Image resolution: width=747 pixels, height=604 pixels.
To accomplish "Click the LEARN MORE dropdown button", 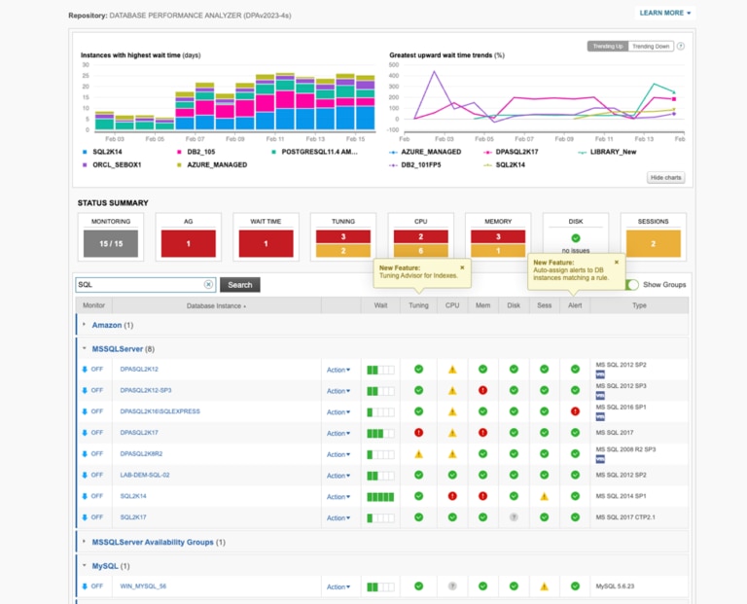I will [665, 13].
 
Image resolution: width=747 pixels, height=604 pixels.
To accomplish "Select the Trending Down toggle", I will [651, 46].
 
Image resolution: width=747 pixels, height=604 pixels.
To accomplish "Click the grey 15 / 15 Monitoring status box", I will [111, 243].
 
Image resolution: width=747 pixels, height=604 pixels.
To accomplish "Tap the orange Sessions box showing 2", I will [653, 243].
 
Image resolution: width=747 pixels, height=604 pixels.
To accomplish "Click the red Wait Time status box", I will [267, 243].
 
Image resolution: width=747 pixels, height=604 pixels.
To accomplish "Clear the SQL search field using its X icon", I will [208, 285].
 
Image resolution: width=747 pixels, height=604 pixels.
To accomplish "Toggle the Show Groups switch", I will [633, 285].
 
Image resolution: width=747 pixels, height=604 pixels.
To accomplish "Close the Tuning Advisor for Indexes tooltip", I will [462, 266].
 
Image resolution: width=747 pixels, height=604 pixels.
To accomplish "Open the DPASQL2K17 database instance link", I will [139, 433].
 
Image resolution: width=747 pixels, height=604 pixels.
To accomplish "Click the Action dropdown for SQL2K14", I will [338, 497].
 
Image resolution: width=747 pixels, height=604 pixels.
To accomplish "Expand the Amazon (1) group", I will [107, 325].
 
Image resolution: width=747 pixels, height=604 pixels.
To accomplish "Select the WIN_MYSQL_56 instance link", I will [143, 586].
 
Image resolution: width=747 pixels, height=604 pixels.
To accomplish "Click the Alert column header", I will [575, 305].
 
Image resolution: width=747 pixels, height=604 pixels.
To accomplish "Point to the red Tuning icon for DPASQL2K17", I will [418, 433].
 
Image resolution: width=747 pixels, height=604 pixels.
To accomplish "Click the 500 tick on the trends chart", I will [394, 65].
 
